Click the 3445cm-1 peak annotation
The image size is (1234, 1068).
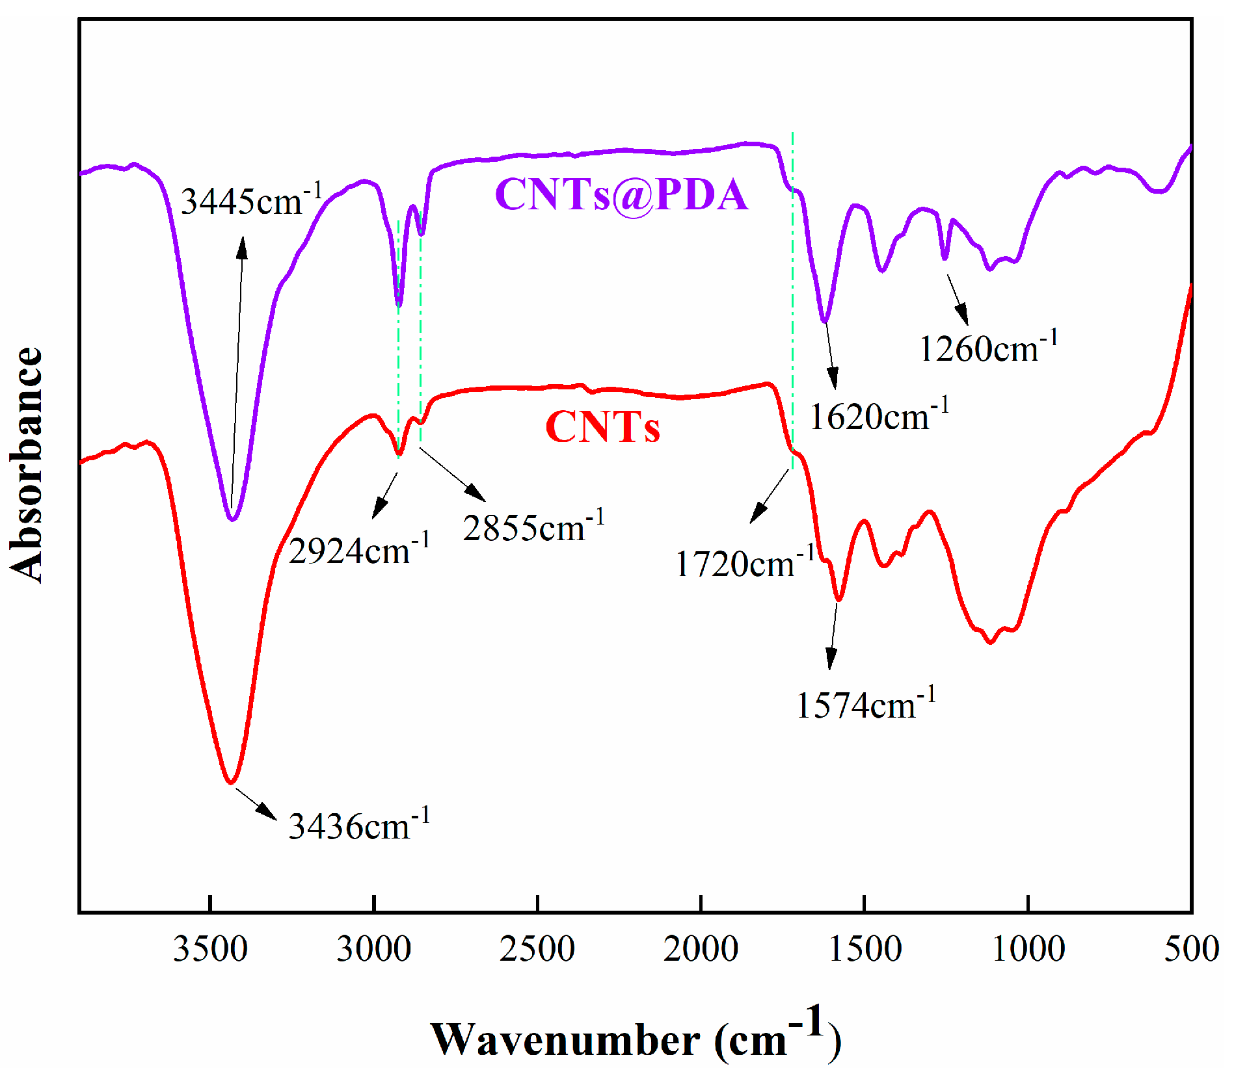tap(251, 200)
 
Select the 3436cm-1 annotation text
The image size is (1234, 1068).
tap(359, 826)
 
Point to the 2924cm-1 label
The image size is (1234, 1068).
tap(359, 550)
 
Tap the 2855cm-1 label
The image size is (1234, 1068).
tap(533, 527)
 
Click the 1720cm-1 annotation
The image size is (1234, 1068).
tap(745, 562)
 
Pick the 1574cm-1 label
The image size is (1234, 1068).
tap(866, 705)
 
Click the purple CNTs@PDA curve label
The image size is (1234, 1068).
tap(621, 194)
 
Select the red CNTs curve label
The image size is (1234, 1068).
tap(602, 427)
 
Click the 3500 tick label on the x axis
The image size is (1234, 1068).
tap(210, 948)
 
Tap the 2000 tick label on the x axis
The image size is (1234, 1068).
tap(701, 948)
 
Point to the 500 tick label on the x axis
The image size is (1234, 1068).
tap(1191, 948)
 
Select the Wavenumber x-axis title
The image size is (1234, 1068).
tap(635, 1037)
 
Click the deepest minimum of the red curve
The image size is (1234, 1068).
tap(230, 783)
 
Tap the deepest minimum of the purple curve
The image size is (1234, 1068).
tap(232, 519)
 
